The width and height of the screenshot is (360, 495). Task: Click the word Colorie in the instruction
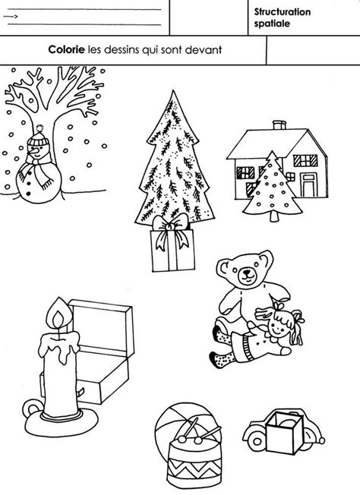[x=66, y=49]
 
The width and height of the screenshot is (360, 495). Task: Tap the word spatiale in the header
[x=272, y=24]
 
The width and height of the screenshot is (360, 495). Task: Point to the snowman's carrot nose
[x=33, y=153]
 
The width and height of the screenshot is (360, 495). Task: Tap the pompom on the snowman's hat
[x=39, y=128]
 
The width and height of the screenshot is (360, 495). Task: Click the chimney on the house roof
[x=279, y=125]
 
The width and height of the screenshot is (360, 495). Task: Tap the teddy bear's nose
[x=247, y=272]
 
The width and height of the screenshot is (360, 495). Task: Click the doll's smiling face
[x=277, y=327]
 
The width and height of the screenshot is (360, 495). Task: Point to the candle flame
[x=58, y=315]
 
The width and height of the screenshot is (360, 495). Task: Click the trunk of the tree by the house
[x=274, y=216]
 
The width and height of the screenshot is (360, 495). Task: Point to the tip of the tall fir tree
[x=172, y=90]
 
